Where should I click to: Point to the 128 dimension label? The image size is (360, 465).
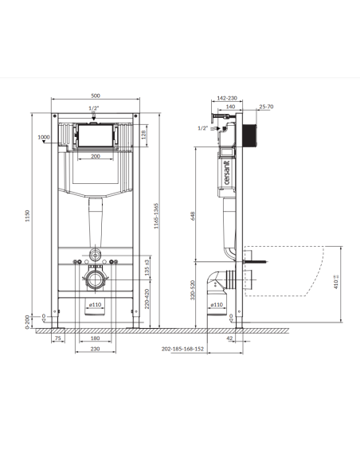point(143,136)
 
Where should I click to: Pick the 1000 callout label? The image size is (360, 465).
point(43,136)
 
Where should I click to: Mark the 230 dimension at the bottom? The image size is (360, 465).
point(95,349)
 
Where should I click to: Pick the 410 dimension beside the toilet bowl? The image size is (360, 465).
point(338,283)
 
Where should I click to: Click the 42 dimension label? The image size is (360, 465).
point(229,338)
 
